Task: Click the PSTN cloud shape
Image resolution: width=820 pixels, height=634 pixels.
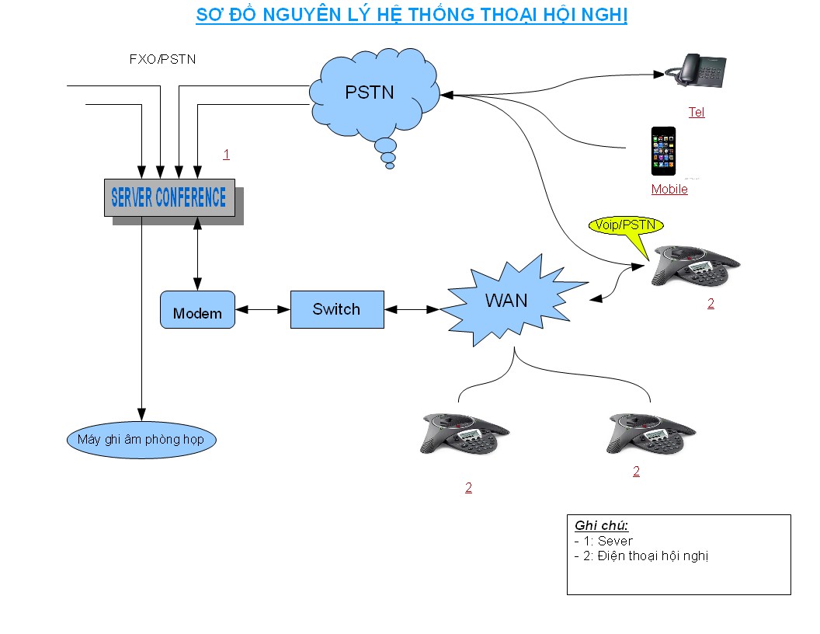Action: point(374,92)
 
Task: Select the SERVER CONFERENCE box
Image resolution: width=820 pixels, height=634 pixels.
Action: point(169,197)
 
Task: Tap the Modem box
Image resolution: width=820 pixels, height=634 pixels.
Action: point(197,310)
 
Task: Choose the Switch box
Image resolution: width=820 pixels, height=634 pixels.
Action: point(337,309)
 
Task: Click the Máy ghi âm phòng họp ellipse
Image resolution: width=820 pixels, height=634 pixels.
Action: point(141,440)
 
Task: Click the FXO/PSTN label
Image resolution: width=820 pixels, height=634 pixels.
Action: point(162,59)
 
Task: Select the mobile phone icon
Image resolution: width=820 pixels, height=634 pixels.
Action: point(663,152)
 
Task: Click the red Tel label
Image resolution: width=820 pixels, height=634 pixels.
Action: point(697,112)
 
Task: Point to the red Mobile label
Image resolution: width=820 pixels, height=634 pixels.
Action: point(669,189)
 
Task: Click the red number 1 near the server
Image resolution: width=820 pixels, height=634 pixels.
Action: point(227,155)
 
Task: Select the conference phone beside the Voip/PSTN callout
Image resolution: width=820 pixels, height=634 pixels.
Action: point(695,265)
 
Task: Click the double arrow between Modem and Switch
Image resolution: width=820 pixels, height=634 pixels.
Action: point(262,310)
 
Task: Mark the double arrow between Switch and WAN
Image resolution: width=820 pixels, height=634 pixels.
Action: point(412,310)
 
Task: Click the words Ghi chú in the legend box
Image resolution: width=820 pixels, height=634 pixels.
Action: point(601,525)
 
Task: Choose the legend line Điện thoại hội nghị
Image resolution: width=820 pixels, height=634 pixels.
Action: point(641,556)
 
